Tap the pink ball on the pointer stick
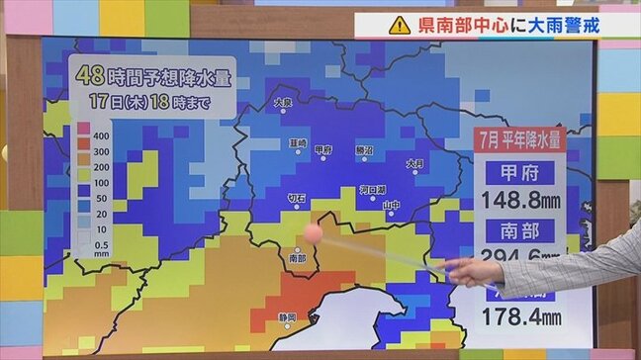(314, 232)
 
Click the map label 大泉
(283, 102)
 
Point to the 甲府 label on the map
(323, 149)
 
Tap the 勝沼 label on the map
(364, 149)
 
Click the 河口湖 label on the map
(372, 189)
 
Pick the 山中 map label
(392, 206)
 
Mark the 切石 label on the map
(296, 198)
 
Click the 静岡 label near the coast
(288, 317)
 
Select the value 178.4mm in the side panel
(520, 316)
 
